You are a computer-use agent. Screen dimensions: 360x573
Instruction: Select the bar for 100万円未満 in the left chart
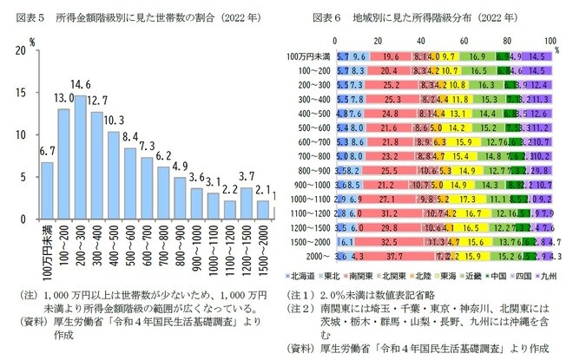point(48,190)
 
